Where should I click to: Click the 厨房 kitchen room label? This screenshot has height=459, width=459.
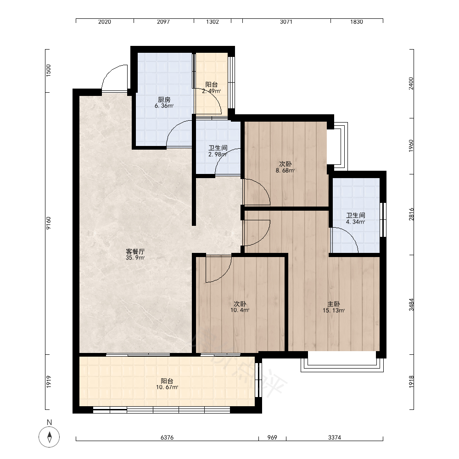164,100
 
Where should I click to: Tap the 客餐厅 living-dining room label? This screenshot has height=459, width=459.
135,252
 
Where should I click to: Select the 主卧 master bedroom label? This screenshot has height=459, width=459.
333,304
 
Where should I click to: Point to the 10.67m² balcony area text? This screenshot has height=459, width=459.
167,387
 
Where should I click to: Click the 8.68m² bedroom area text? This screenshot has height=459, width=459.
285,170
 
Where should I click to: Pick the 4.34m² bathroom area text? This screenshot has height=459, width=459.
355,222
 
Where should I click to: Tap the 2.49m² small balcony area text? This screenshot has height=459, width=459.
211,91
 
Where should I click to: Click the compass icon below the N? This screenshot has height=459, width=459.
49,437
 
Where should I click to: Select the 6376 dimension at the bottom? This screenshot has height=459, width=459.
167,437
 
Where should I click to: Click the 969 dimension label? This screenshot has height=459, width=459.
272,437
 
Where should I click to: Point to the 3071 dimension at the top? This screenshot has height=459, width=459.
286,22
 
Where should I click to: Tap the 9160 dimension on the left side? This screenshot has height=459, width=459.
49,223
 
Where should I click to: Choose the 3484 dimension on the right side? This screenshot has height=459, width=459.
412,304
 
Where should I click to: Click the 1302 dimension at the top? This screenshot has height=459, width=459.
212,22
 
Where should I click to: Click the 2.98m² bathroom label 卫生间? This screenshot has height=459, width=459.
218,148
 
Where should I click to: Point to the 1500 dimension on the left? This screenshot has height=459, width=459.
49,71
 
